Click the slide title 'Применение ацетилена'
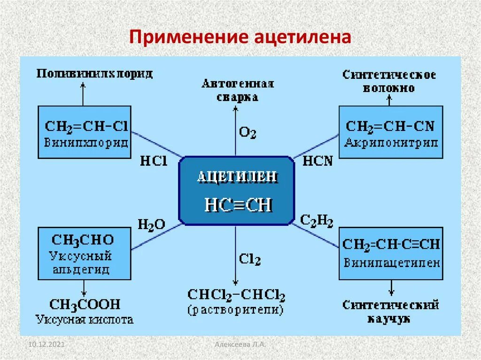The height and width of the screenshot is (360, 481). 240,37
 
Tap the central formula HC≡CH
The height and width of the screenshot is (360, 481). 238,205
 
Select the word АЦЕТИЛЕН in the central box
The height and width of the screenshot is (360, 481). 237,177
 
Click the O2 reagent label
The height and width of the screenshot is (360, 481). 248,133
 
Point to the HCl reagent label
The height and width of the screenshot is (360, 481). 153,161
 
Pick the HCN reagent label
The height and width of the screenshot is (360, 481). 318,161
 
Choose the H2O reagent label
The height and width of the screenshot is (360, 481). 151,224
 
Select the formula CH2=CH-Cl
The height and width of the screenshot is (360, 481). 86,126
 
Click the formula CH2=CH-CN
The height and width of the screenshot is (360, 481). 390,126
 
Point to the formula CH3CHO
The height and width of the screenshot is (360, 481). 83,240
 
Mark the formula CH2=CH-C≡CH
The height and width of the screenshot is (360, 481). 391,244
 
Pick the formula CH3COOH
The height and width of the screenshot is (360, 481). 85,304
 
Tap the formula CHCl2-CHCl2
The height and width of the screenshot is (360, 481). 236,295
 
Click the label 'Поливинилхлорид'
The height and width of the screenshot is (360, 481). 95,74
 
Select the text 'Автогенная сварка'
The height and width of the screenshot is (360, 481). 238,90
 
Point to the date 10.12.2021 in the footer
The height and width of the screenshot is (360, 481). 46,345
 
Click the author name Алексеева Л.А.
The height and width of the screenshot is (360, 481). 240,345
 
